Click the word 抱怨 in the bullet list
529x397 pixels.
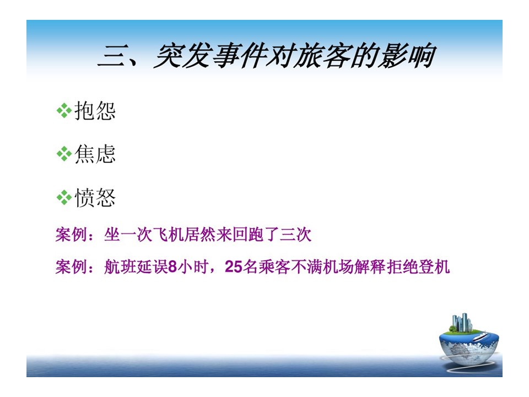(95, 111)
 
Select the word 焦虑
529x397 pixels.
(95, 154)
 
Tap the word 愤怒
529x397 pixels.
(95, 197)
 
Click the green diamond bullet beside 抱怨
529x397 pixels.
(64, 111)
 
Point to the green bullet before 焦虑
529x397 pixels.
(64, 154)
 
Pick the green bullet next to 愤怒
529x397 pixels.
(64, 197)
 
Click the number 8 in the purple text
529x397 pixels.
(172, 267)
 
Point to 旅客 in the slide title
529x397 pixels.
(321, 56)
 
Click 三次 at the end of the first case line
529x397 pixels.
(295, 234)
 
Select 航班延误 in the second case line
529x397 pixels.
(136, 267)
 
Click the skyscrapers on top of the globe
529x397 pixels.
(461, 323)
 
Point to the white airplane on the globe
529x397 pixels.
(480, 336)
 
